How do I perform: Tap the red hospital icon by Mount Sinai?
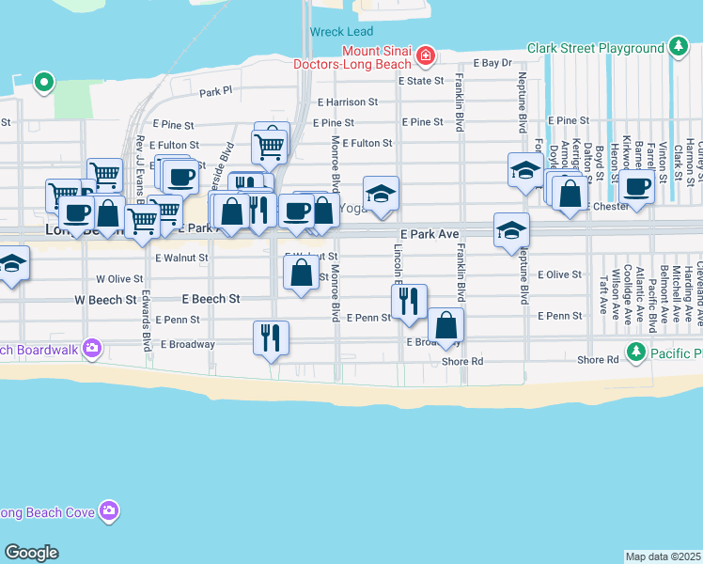pos(426,56)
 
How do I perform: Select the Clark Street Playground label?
pos(596,48)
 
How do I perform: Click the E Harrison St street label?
pos(348,102)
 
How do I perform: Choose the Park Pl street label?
pos(215,92)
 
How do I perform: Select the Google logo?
pos(31,553)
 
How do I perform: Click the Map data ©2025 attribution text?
pos(663,556)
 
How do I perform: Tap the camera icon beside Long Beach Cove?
pos(110,511)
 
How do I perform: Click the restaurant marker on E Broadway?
pos(271,337)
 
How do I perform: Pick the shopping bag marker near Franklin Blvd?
pos(446,325)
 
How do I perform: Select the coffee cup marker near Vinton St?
pos(636,186)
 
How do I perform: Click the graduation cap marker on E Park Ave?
pos(512,229)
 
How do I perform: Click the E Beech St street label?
pos(211,299)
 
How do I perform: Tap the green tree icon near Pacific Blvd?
pos(636,352)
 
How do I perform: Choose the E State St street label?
pos(425,81)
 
